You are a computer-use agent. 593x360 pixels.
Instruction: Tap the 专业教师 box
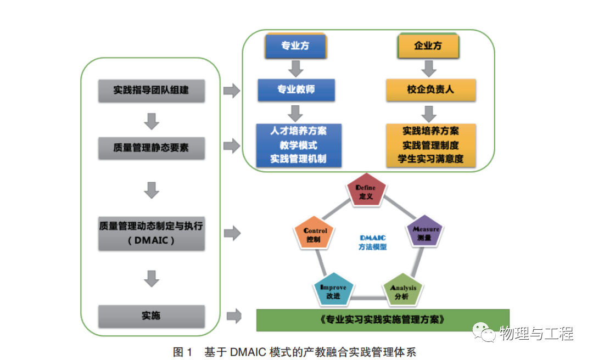click(x=296, y=89)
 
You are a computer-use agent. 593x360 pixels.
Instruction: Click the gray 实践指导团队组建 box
click(x=151, y=90)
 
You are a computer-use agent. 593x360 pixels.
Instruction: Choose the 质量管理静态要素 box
click(x=151, y=148)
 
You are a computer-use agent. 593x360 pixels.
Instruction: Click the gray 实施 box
click(x=151, y=316)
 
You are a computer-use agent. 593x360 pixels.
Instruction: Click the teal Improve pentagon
click(x=333, y=291)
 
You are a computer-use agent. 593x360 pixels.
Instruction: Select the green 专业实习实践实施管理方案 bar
click(x=383, y=320)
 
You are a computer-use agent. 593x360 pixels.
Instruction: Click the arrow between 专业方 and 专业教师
click(x=296, y=69)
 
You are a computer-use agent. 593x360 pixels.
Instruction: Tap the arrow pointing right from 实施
click(x=234, y=316)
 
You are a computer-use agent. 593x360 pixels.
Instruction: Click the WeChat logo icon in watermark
click(x=484, y=333)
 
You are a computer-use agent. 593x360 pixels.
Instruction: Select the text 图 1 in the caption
click(x=182, y=352)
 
